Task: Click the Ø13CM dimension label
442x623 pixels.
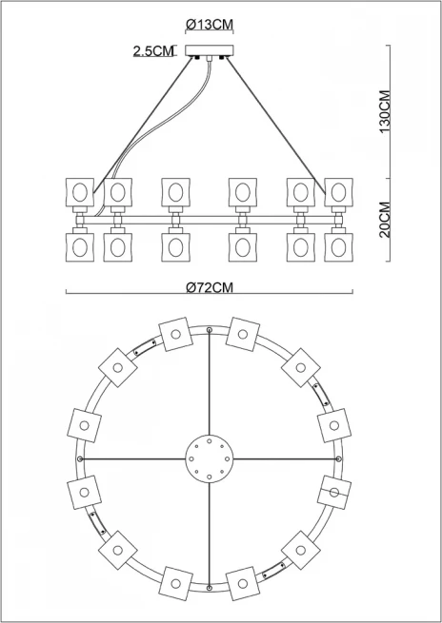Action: coord(210,25)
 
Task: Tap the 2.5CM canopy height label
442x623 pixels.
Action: coord(153,51)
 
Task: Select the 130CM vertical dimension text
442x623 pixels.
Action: coord(385,111)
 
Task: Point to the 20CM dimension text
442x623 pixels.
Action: coord(385,220)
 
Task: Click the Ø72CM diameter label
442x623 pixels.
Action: coord(210,287)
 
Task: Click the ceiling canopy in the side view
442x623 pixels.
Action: coord(210,50)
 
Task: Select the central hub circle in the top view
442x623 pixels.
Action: coord(210,458)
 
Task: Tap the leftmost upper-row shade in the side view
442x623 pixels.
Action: coord(80,192)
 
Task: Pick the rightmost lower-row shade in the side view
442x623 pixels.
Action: coord(338,247)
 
